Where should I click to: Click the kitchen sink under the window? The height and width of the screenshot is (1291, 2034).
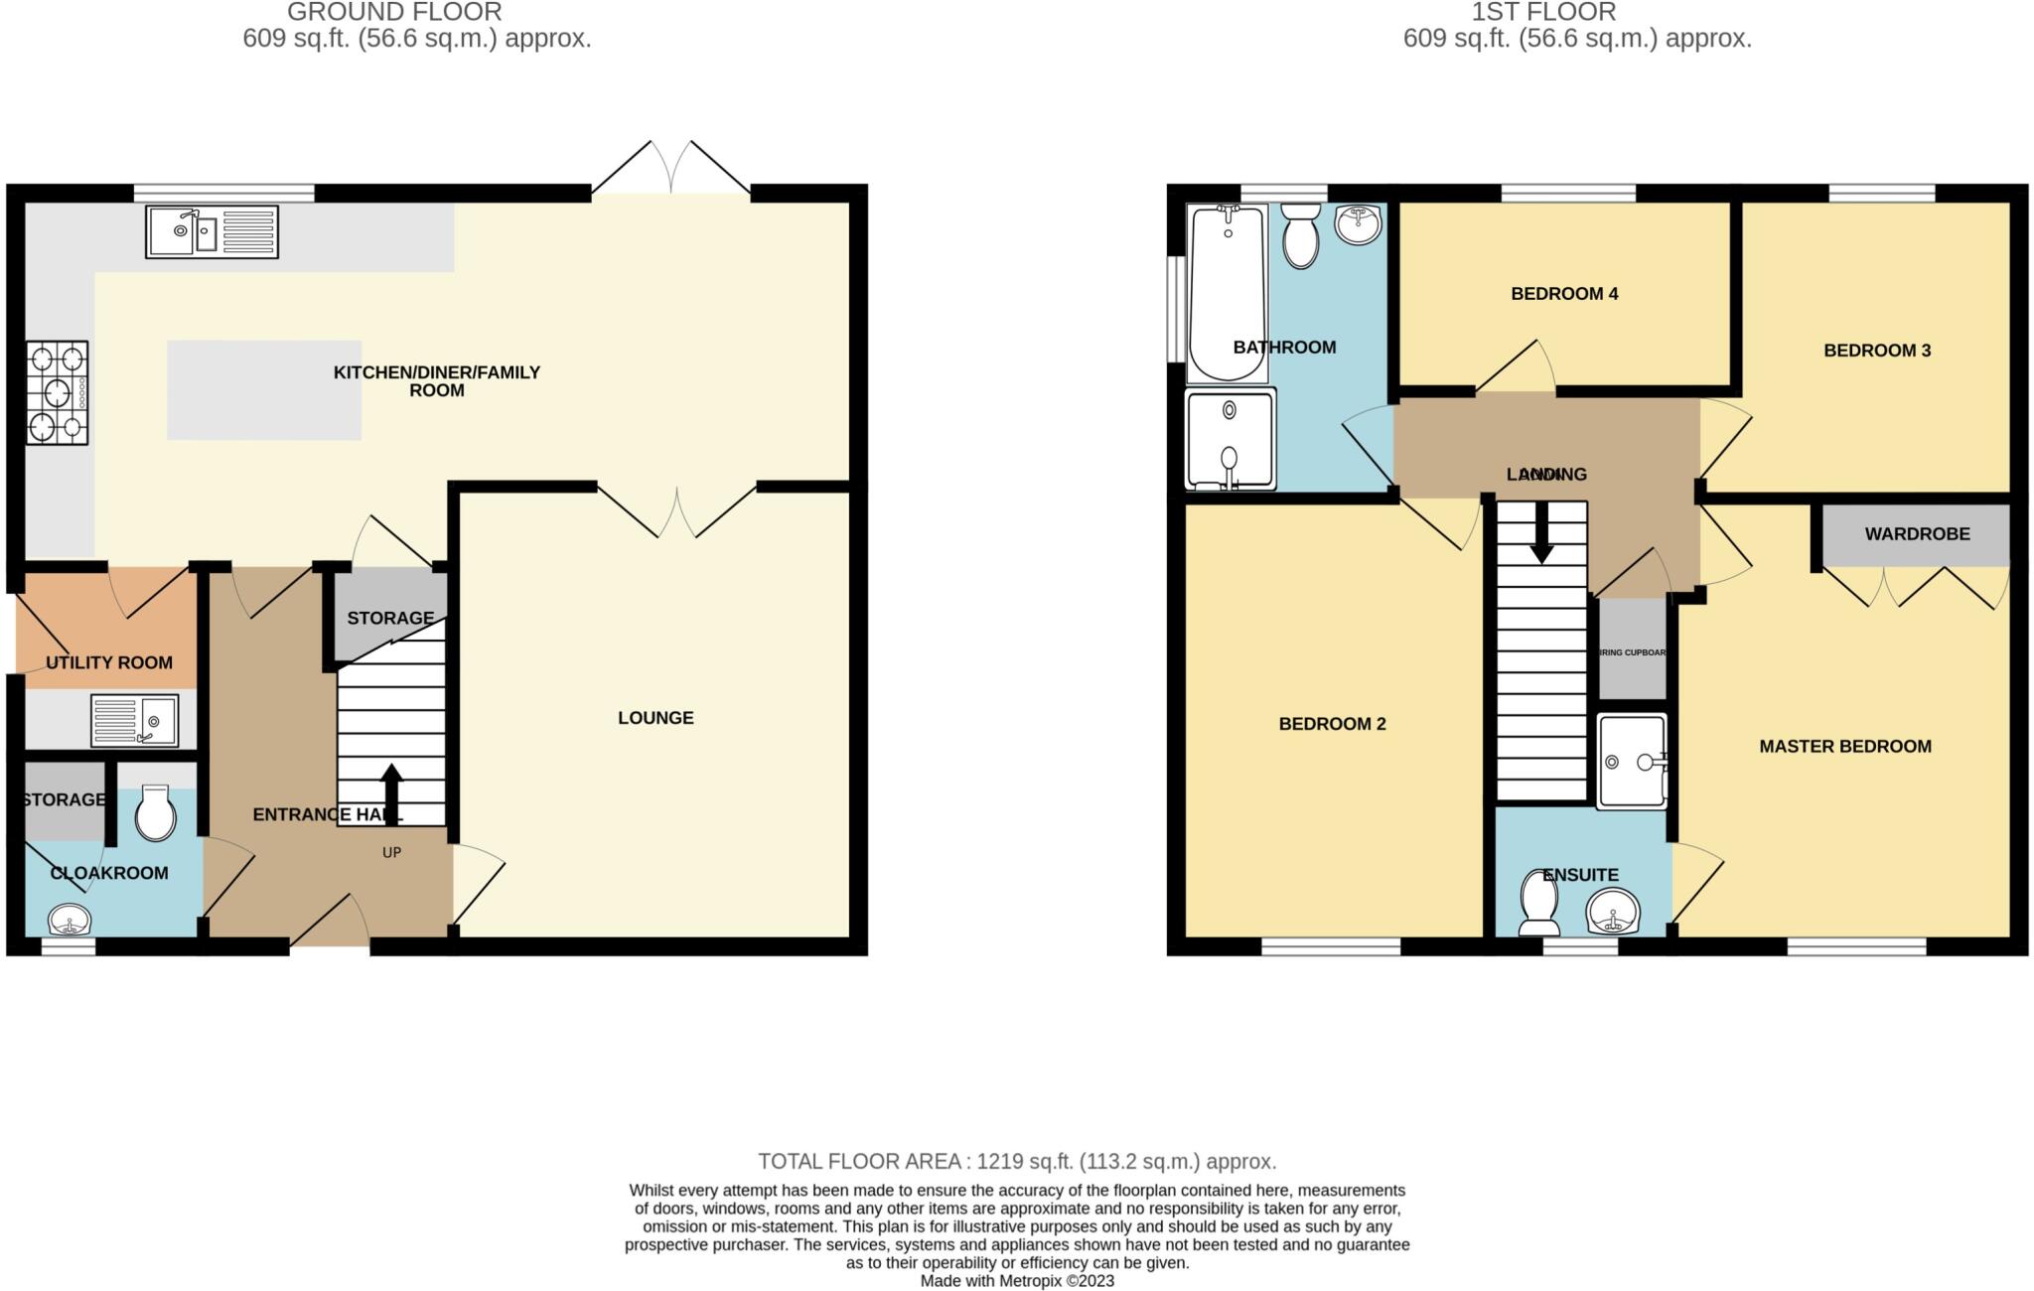[212, 231]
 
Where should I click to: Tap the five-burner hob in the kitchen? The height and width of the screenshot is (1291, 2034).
[57, 392]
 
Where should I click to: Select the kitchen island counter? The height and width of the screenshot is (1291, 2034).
[264, 390]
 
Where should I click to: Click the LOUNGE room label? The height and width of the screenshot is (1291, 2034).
[655, 718]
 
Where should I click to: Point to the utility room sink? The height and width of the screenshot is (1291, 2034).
[135, 720]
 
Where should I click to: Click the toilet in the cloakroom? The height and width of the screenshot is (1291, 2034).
[155, 813]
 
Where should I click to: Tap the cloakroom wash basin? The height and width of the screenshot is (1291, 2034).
[69, 920]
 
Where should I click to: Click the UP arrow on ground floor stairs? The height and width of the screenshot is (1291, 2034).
[391, 794]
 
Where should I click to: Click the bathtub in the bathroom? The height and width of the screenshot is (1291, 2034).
[1227, 293]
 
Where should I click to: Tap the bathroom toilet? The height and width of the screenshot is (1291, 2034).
[1301, 236]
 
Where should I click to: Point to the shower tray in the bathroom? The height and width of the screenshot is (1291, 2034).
[1230, 439]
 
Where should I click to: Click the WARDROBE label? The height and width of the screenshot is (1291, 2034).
[1917, 534]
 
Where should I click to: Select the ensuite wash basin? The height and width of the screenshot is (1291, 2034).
[1612, 913]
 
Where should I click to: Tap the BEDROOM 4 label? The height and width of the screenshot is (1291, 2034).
[1564, 294]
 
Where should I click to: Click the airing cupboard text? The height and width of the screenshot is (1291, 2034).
[1632, 653]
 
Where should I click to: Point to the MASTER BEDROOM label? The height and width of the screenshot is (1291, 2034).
[1845, 747]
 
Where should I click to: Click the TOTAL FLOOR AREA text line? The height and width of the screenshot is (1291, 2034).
[1017, 1161]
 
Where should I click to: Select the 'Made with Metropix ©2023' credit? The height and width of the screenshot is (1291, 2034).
[1017, 1281]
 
